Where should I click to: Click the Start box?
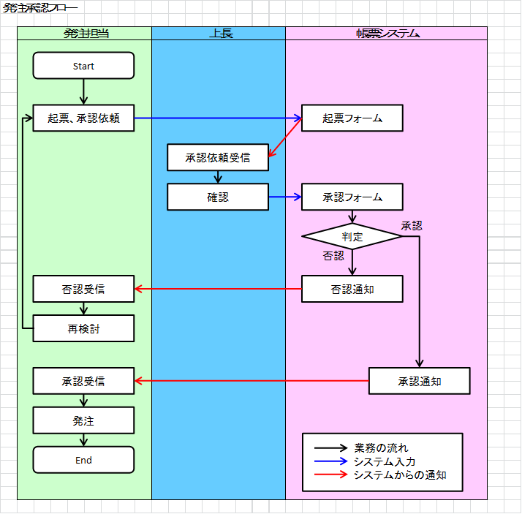coord(83,66)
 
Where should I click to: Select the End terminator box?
coord(83,460)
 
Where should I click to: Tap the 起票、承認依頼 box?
coord(83,118)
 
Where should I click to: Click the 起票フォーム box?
coord(352,118)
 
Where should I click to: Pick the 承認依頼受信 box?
coord(218,157)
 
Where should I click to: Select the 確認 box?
coord(218,197)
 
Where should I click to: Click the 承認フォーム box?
coord(352,197)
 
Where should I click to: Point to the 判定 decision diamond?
coord(352,236)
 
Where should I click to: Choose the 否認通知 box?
coord(352,289)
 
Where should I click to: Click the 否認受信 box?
coord(83,289)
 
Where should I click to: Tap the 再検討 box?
coord(83,328)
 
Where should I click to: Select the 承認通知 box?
coord(419,381)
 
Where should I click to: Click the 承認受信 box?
coord(83,381)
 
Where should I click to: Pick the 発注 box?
coord(83,420)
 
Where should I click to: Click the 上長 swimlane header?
coord(218,33)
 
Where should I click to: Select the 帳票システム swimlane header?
coord(387,33)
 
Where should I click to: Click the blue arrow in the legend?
coord(332,461)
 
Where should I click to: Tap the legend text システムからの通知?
coord(399,475)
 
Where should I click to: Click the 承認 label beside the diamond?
coord(411,225)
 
